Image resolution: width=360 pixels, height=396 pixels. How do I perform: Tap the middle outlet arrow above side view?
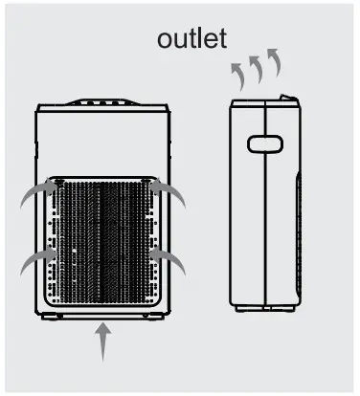coord(256,69)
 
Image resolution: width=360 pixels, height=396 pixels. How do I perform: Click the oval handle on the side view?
coord(262,144)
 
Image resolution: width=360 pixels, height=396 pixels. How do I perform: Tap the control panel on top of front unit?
coord(103,102)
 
